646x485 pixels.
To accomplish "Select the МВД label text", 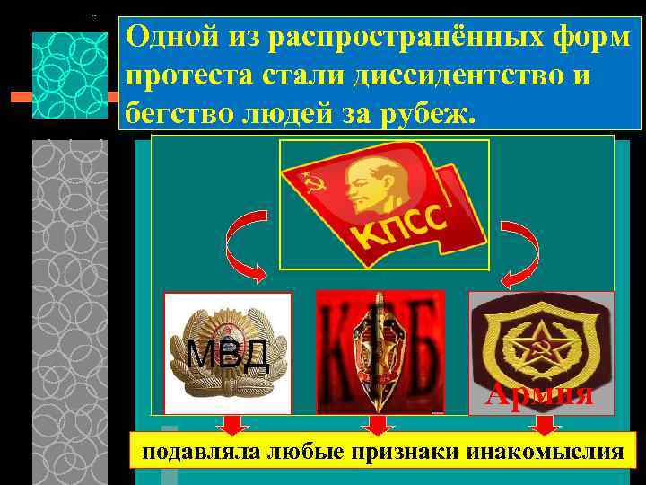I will tap(229, 355).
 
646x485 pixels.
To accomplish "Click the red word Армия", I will tap(539, 393).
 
